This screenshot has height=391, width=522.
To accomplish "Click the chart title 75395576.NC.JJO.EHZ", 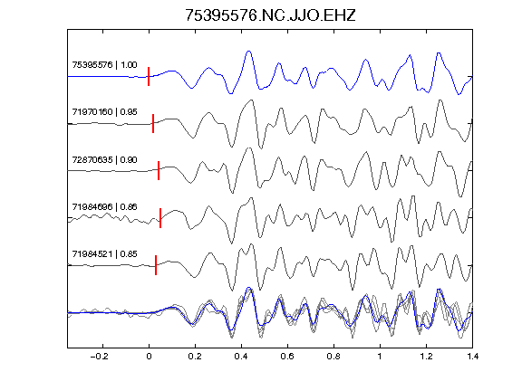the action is [x=270, y=15].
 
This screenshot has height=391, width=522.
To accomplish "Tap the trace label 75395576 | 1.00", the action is [x=104, y=64].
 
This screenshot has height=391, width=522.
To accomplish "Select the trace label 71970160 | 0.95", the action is [x=104, y=111].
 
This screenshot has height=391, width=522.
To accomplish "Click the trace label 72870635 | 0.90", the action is [x=104, y=160].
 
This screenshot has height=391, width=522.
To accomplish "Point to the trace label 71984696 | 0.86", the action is [x=104, y=206].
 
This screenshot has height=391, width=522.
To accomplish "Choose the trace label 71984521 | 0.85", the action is [x=104, y=254].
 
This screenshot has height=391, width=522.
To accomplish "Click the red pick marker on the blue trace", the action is [x=149, y=76].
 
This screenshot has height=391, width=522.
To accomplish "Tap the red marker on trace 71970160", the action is [x=153, y=123].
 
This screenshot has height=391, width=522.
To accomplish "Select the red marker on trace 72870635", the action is [x=159, y=170].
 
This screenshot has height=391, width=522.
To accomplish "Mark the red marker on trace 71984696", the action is [x=160, y=218].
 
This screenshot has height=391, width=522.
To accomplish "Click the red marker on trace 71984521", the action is [x=156, y=265].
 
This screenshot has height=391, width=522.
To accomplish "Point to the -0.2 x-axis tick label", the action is [x=100, y=357].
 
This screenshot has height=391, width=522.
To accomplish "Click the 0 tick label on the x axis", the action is [x=149, y=357].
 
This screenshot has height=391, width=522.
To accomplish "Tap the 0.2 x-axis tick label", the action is [x=195, y=357].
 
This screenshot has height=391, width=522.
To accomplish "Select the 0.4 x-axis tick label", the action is [x=241, y=357].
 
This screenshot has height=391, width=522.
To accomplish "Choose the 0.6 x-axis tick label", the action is [x=287, y=357].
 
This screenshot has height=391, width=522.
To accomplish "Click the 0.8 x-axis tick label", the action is [x=333, y=357].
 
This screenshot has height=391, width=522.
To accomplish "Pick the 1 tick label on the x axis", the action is [x=380, y=357].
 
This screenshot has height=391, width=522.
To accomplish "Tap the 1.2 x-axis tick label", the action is [x=426, y=357].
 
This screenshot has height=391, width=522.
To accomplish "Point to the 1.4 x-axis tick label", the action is [x=472, y=357].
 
